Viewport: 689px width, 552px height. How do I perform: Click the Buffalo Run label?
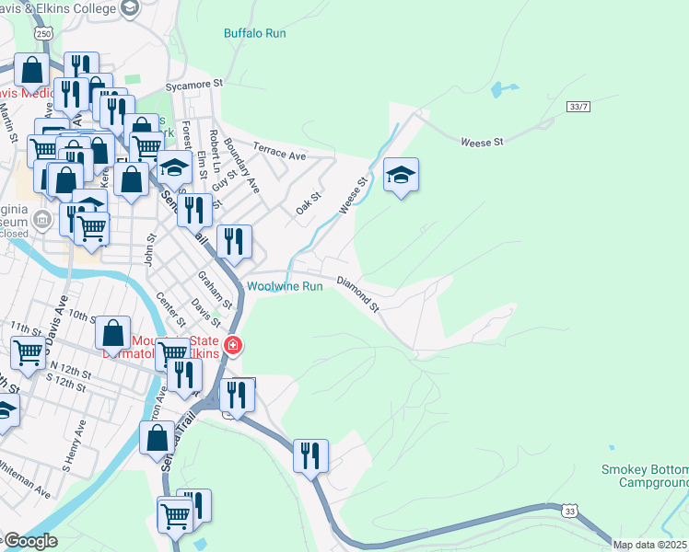(x=255, y=33)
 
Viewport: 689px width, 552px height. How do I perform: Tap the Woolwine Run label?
(x=285, y=286)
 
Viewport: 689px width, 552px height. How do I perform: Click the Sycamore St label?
(x=194, y=84)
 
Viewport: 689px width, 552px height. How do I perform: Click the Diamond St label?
(x=357, y=292)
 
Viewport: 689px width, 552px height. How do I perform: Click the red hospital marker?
(x=234, y=346)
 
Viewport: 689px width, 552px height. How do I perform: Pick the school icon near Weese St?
(x=401, y=174)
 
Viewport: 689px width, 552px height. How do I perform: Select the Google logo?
(x=29, y=542)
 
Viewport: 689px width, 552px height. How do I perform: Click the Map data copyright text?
(x=649, y=545)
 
